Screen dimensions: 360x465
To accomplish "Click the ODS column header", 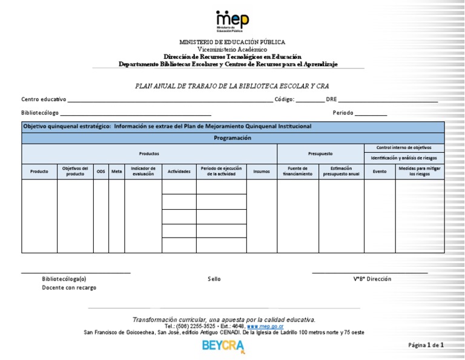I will pos(101,172).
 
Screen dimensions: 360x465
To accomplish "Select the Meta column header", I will pos(116,172).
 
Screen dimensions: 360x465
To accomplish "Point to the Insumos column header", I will pos(262,172).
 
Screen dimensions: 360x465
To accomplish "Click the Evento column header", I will pos(380,172).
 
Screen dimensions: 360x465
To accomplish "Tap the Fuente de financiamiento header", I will pos(298,172).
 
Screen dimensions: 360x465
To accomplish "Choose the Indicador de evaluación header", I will pos(143,172).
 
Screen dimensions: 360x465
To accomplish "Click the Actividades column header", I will pos(179,172).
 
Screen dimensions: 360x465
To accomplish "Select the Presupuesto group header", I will pos(320,153).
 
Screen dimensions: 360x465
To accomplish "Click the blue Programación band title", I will pos(232,138).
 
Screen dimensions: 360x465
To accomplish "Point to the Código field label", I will pos(285,99).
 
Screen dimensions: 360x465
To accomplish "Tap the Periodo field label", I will pos(343,113).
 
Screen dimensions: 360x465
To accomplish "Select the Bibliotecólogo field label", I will pos(40,113).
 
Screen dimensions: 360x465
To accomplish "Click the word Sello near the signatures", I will pos(214,279).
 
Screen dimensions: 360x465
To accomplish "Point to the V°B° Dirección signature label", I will pos(372,279).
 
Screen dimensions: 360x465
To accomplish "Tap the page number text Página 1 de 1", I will pos(426,345).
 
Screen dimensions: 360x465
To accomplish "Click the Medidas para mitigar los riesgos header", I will pos(420,172).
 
